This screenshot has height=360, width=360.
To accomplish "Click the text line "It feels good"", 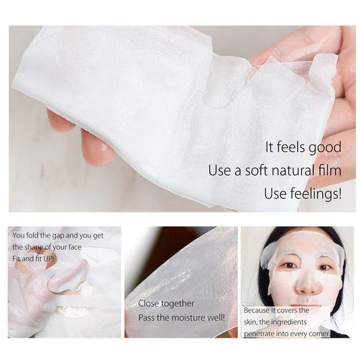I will [303, 147].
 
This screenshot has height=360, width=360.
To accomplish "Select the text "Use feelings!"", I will [303, 194].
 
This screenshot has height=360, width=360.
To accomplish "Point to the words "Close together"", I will [166, 303].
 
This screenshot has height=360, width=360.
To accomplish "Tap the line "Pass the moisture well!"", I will [182, 317].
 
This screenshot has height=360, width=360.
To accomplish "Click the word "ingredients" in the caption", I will [303, 322].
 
